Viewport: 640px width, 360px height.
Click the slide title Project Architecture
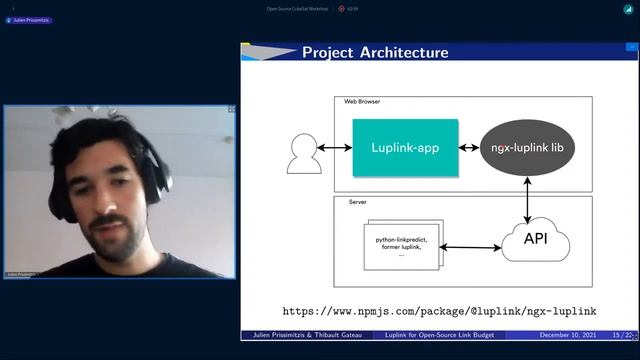(375, 53)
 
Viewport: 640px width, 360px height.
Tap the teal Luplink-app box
(405, 148)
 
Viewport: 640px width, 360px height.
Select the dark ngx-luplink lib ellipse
(528, 148)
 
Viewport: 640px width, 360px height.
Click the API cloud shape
(535, 239)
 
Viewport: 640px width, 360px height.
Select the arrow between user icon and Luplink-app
(335, 148)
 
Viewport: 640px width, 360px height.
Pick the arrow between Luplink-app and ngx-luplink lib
(468, 148)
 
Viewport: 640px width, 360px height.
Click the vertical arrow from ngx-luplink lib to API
(528, 198)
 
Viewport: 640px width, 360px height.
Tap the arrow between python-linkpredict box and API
(469, 246)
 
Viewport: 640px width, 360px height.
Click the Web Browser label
(362, 102)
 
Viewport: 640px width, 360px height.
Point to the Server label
(357, 202)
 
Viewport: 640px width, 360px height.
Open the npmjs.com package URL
(439, 311)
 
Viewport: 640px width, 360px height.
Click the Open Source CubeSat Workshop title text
(297, 8)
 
